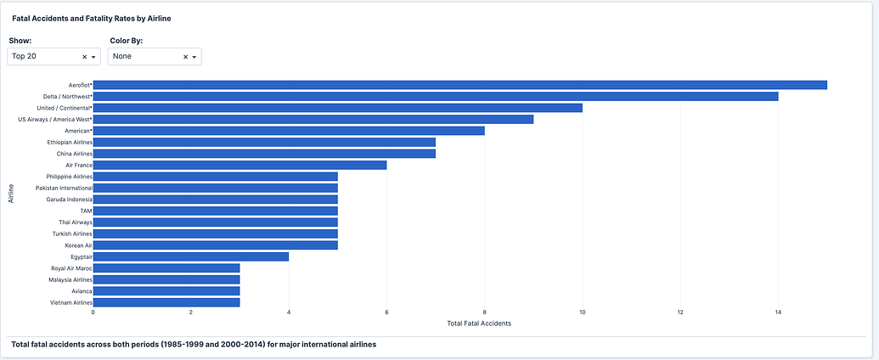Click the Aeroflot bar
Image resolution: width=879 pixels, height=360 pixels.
(459, 85)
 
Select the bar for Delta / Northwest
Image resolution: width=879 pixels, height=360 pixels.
(435, 97)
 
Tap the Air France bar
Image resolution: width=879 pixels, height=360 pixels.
(239, 165)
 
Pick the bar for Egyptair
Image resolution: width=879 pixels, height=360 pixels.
(190, 256)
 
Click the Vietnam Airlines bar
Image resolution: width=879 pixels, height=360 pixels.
(166, 302)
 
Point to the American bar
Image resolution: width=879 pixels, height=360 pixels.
(288, 131)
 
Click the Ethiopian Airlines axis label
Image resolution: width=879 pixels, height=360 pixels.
(70, 142)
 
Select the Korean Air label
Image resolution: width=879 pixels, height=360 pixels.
(76, 245)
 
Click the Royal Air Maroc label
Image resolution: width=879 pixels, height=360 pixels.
(71, 268)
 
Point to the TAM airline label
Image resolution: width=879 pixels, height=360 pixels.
(86, 211)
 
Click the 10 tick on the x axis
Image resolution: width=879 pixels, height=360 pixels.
(582, 312)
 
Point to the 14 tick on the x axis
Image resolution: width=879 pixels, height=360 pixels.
(778, 312)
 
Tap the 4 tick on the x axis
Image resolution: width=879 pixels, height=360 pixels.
(289, 312)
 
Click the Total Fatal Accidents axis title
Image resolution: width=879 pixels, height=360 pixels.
(478, 323)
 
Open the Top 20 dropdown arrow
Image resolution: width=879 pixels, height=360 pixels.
(93, 57)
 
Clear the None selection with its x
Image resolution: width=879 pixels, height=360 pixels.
(185, 57)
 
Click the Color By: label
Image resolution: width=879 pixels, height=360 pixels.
(126, 40)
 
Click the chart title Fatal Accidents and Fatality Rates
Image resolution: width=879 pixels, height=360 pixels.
(92, 18)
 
